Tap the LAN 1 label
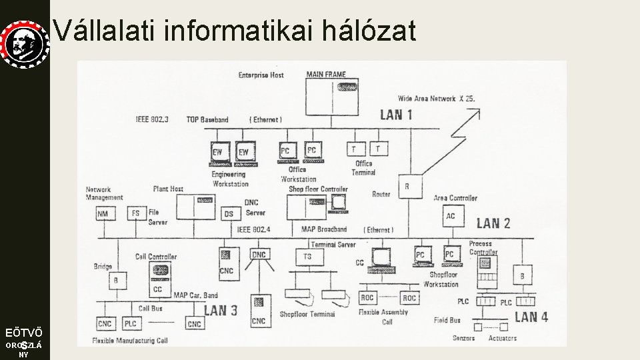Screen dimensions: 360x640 coord(396,115)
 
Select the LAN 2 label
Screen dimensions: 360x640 coord(493,223)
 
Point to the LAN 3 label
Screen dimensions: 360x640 coord(220,310)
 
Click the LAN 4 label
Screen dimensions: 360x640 coord(531,317)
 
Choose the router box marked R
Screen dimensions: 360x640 coord(407,187)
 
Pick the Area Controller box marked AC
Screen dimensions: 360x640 coord(451,215)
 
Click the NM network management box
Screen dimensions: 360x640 coord(103,214)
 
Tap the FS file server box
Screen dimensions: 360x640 coord(135,214)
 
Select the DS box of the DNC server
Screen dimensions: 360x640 coord(229,214)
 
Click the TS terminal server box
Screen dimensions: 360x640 coord(307,257)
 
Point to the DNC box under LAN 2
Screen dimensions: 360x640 coord(259,255)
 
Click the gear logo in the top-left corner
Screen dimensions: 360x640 coord(25,43)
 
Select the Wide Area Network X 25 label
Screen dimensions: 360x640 coord(437,99)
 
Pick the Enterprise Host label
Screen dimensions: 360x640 coord(261,75)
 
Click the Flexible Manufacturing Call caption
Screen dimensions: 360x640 coord(130,341)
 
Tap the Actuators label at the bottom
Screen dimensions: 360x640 coord(502,338)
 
